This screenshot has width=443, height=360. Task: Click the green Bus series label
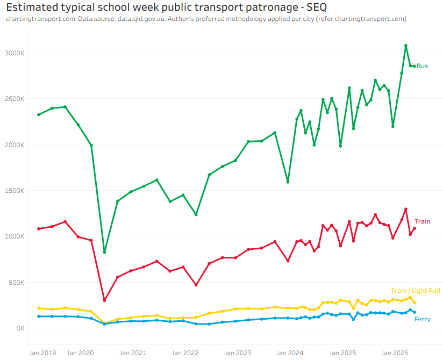pos(422,66)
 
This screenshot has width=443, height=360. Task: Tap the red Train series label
pos(422,221)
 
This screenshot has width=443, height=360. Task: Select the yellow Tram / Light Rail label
pos(415,291)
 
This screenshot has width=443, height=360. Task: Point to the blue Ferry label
pos(423,319)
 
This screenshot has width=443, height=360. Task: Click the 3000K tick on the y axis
pos(15,53)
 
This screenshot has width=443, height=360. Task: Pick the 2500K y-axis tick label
pos(15,99)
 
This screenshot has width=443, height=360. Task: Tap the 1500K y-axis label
pos(15,191)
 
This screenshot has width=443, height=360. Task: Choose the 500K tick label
pos(16,282)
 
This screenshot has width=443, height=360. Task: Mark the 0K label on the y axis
pos(20,328)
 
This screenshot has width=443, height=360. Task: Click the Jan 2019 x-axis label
pos(42,353)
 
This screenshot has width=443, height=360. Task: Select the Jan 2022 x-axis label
pos(185,353)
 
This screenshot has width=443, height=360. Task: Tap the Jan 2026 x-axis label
pos(395,353)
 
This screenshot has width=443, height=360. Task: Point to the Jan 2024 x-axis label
pos(290,353)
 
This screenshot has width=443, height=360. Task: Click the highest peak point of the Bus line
pos(406,46)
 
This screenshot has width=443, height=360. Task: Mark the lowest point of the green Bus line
pos(104,252)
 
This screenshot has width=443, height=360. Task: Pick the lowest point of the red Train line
pos(104,300)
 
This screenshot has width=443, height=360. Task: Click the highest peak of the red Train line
pos(406,209)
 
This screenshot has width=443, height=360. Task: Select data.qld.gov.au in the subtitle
pos(141,19)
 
